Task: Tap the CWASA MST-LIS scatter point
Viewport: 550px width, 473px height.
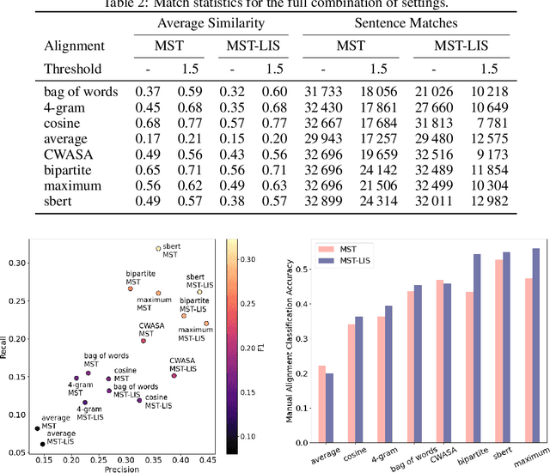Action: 174,375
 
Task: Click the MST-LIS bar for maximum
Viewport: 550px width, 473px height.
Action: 536,346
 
